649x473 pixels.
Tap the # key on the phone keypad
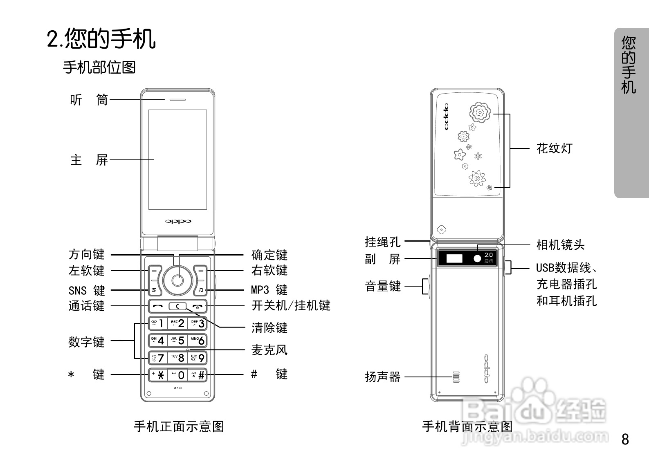coord(198,375)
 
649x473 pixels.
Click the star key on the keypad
coord(157,375)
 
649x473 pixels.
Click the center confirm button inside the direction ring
coord(177,280)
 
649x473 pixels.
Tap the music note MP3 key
coord(200,290)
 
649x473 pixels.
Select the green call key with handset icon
coord(157,306)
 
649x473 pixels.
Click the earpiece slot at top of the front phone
coord(175,99)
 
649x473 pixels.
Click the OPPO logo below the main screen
coord(178,221)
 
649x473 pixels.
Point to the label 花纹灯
coord(554,148)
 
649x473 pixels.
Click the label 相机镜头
coord(560,245)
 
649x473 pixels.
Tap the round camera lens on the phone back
coord(477,258)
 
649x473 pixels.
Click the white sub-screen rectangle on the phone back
coord(454,258)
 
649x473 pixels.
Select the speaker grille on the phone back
coord(456,377)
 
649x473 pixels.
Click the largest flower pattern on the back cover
coord(480,112)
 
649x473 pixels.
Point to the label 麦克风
coord(269,350)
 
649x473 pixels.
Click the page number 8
coord(625,439)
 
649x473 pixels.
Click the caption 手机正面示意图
coord(179,426)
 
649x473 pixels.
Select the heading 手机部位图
coord(99,67)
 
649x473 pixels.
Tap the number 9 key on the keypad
coord(198,358)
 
